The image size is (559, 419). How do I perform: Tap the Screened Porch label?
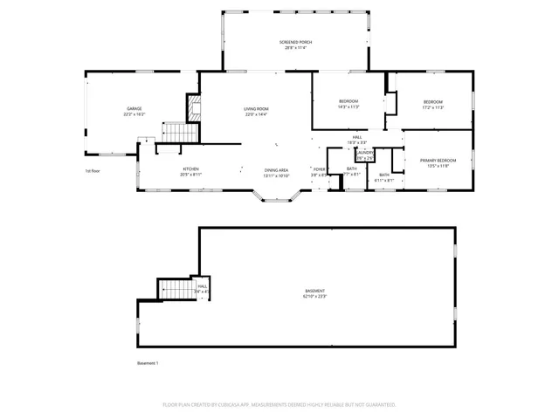tap(295, 43)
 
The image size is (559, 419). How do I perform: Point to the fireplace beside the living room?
tap(194, 108)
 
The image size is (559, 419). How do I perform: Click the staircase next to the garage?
tap(177, 132)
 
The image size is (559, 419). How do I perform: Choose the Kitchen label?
tap(191, 169)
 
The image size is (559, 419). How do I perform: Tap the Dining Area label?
tap(277, 169)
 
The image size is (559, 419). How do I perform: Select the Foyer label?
tap(319, 169)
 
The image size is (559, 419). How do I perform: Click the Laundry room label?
tap(364, 153)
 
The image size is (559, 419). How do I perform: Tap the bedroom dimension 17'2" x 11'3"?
tap(433, 108)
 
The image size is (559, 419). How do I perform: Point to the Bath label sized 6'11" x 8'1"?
tap(384, 181)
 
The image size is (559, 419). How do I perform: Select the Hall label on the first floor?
tap(357, 137)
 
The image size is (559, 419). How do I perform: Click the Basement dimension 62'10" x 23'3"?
tap(314, 297)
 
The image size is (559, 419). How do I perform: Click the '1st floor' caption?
tap(93, 170)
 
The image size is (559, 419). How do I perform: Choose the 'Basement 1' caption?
tap(148, 362)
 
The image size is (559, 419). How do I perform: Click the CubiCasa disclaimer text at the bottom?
tap(279, 404)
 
